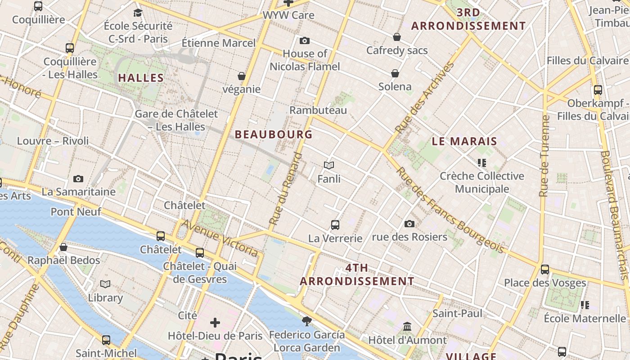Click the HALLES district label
(x=141, y=78)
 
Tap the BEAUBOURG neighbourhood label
(x=274, y=134)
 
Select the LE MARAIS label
(x=464, y=141)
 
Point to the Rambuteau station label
(x=318, y=110)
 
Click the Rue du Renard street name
(x=286, y=189)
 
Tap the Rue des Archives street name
(x=424, y=98)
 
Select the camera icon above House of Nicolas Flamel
(x=305, y=41)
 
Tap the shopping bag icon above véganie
(x=242, y=76)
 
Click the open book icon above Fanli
(x=329, y=166)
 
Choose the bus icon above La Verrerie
(x=335, y=225)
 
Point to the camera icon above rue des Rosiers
(x=409, y=224)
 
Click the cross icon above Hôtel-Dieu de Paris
(x=215, y=322)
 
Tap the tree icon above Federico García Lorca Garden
(x=307, y=321)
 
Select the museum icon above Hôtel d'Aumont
(x=407, y=326)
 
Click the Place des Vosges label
(x=545, y=283)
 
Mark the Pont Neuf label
(x=76, y=211)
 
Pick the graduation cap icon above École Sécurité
(x=138, y=13)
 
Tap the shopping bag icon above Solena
(x=395, y=73)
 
